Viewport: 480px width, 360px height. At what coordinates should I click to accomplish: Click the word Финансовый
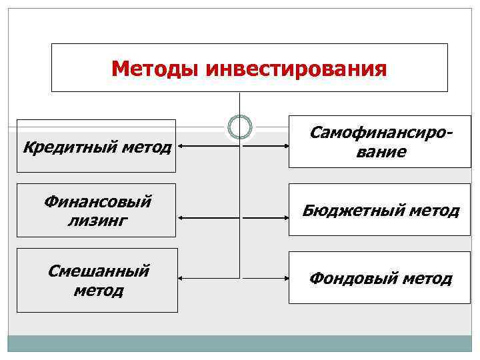tap(97, 201)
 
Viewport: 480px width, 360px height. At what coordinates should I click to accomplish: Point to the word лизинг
tap(97, 220)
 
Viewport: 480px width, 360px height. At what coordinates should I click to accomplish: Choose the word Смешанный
tap(98, 271)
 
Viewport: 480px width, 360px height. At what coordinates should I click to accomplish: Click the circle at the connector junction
tap(240, 126)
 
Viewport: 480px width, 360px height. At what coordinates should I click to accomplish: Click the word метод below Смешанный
tap(98, 291)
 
